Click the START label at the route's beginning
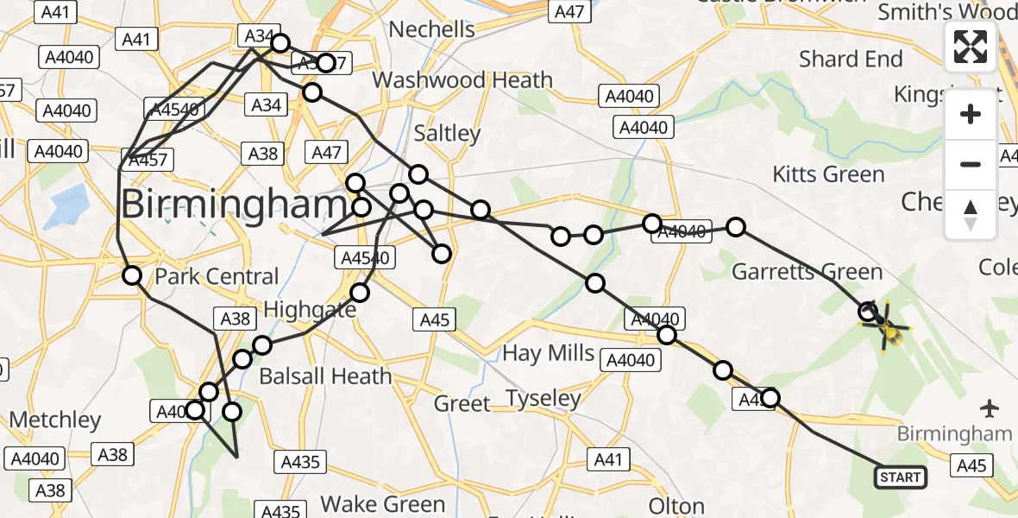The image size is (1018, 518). [x=902, y=477]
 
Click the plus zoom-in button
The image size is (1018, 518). [x=971, y=115]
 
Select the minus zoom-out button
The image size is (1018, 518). [x=971, y=164]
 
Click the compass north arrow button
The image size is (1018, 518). [x=971, y=213]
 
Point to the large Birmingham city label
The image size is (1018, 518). [x=233, y=205]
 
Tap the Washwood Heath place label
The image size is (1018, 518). [x=462, y=80]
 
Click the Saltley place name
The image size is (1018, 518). [x=446, y=133]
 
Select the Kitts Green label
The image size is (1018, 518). [x=828, y=174]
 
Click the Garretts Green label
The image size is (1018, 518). [x=807, y=272]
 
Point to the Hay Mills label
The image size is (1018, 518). [x=549, y=352]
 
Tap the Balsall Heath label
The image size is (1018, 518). [x=325, y=376]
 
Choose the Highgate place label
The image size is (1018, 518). [x=309, y=309]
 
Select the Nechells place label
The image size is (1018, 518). [x=431, y=29]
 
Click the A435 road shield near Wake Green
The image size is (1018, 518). [x=300, y=462]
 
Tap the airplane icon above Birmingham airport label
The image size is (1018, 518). [x=990, y=406]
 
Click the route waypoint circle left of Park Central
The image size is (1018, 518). [x=132, y=275]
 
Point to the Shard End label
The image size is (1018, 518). [x=850, y=59]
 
